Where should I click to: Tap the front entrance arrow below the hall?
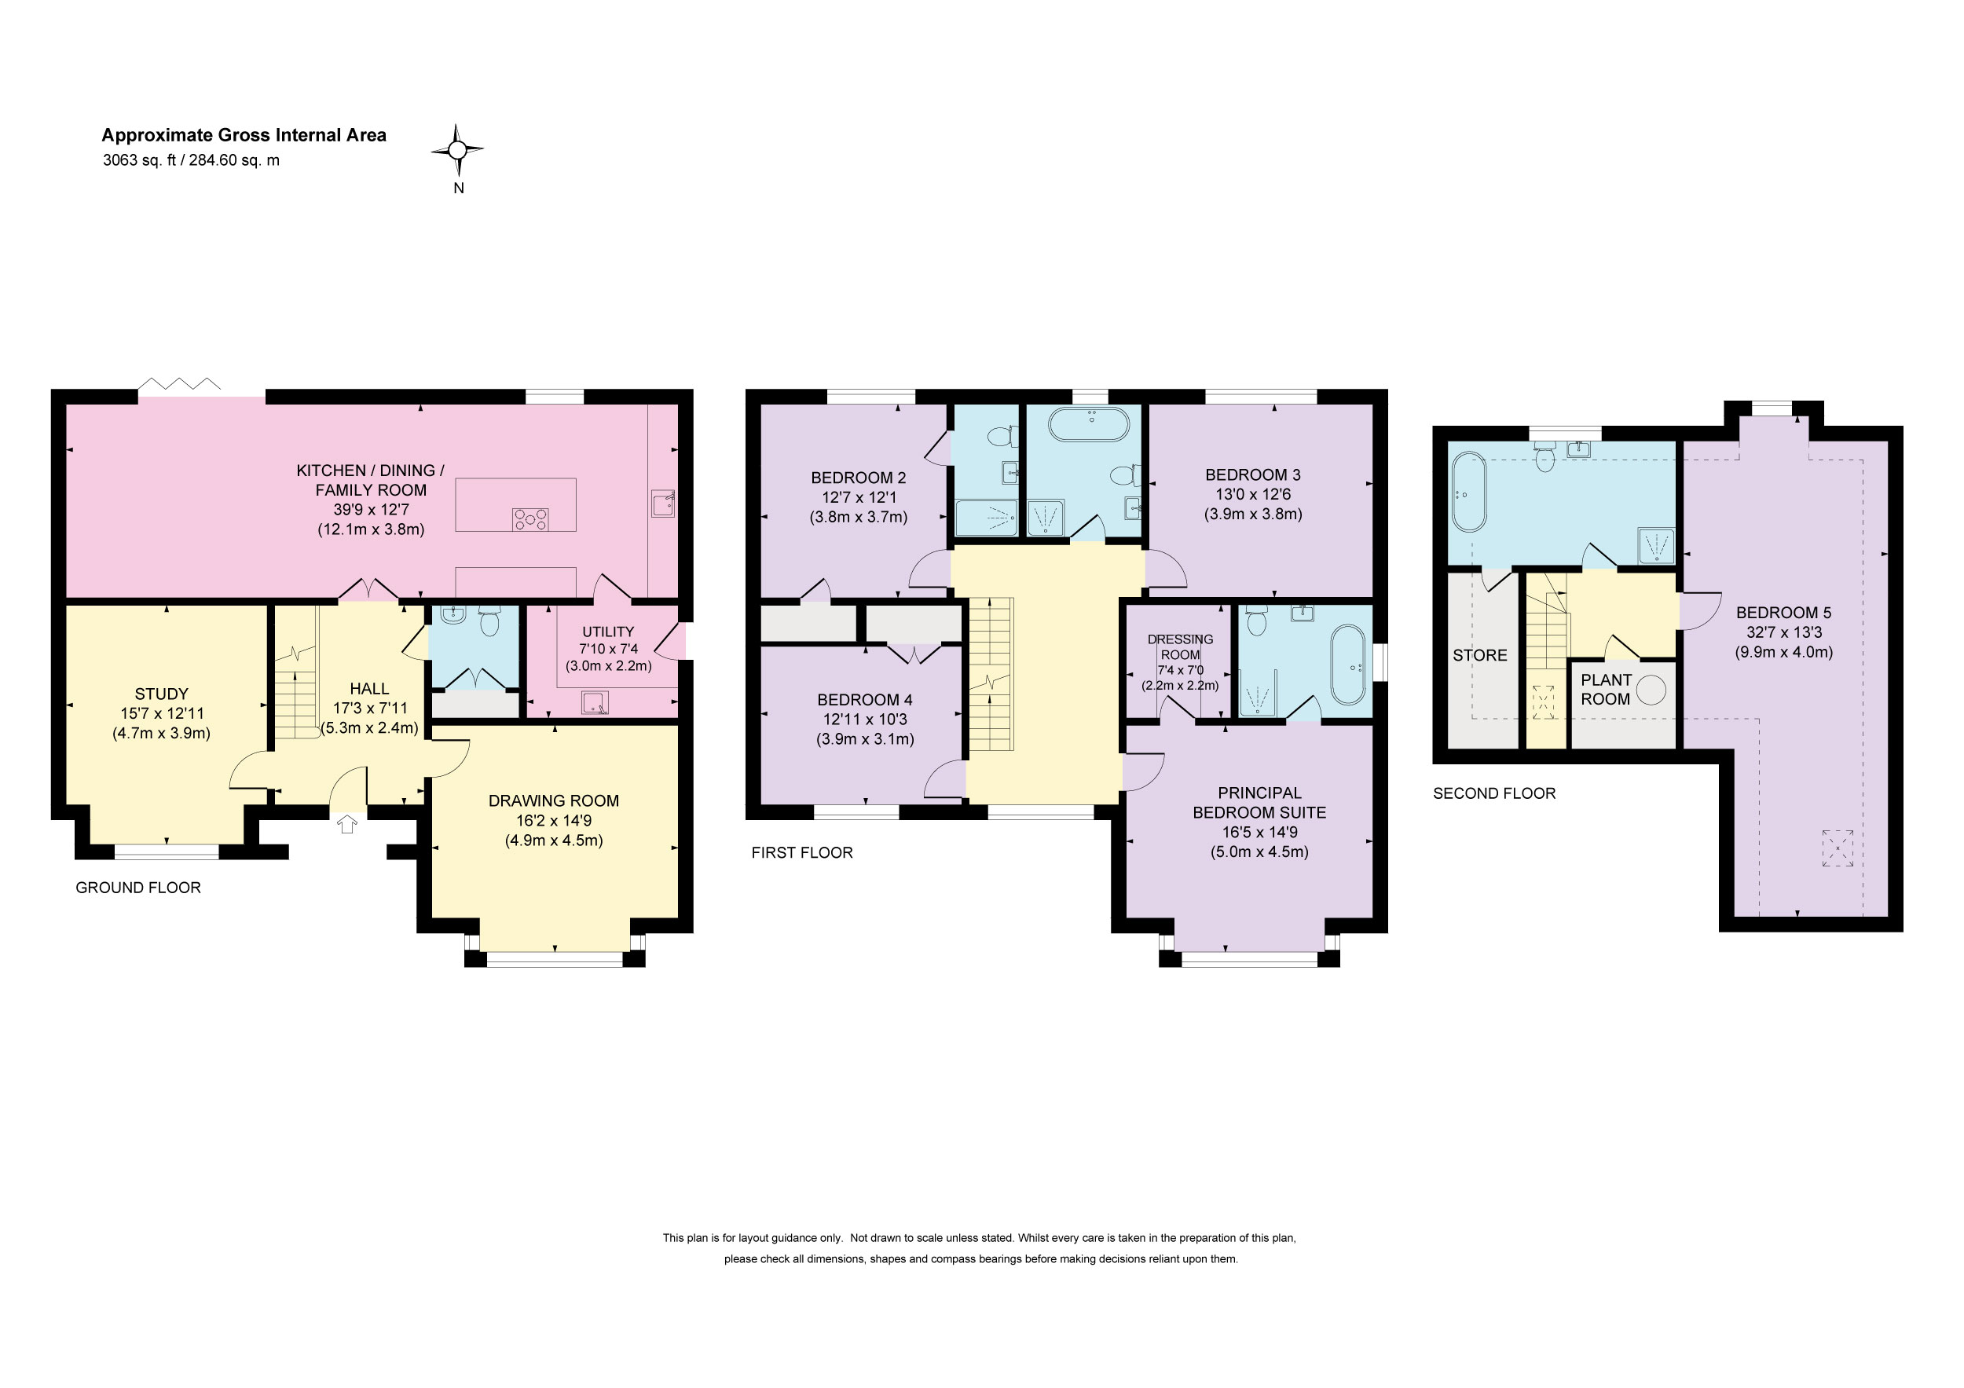click(346, 825)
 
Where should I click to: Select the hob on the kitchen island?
click(530, 518)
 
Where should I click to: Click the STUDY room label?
click(162, 694)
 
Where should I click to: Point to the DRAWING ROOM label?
click(553, 801)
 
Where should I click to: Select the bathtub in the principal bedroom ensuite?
click(1348, 665)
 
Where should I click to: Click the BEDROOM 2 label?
click(859, 478)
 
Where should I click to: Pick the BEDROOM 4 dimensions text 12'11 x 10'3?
click(865, 720)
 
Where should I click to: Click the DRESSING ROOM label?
click(1181, 646)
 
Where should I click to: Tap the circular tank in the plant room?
click(1651, 690)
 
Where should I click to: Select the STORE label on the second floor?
click(1480, 656)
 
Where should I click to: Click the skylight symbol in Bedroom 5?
click(1838, 848)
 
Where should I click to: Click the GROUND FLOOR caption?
click(138, 888)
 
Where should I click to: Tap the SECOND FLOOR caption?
click(1494, 793)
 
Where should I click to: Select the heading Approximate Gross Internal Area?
click(244, 135)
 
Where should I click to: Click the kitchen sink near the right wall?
click(664, 503)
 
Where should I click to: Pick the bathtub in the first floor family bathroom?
click(1089, 424)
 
